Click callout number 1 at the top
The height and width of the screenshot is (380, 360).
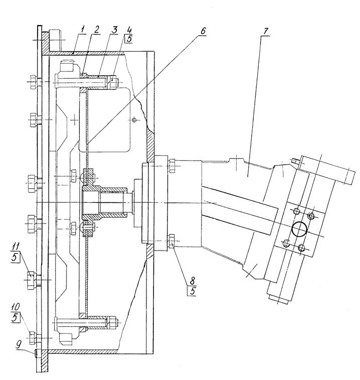pos(83,30)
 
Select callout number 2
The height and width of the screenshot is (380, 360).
pos(97,30)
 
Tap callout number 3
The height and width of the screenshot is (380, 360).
pos(114,30)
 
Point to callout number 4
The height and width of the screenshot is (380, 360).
pos(130,30)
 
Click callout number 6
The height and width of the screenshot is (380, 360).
pos(203,31)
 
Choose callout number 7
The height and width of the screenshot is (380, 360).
pos(266,31)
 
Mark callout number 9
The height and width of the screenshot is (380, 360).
pos(19,345)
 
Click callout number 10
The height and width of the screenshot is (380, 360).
pos(15,307)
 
